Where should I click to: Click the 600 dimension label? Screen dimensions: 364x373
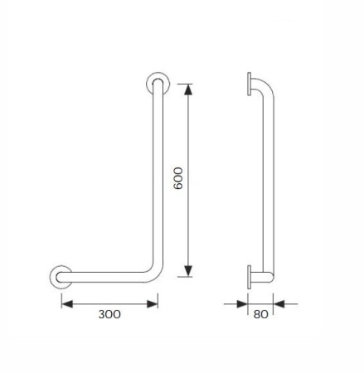click(178, 178)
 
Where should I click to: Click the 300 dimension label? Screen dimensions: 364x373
click(109, 314)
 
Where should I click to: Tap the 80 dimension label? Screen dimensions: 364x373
click(260, 314)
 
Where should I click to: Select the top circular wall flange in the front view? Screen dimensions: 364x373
click(158, 76)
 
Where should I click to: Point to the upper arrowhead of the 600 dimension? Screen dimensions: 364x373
click(188, 90)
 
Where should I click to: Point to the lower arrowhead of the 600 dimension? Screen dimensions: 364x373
click(188, 271)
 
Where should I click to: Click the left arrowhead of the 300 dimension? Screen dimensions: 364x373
click(67, 304)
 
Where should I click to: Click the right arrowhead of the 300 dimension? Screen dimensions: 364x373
click(153, 304)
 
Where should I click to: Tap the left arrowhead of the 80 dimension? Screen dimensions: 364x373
click(242, 304)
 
